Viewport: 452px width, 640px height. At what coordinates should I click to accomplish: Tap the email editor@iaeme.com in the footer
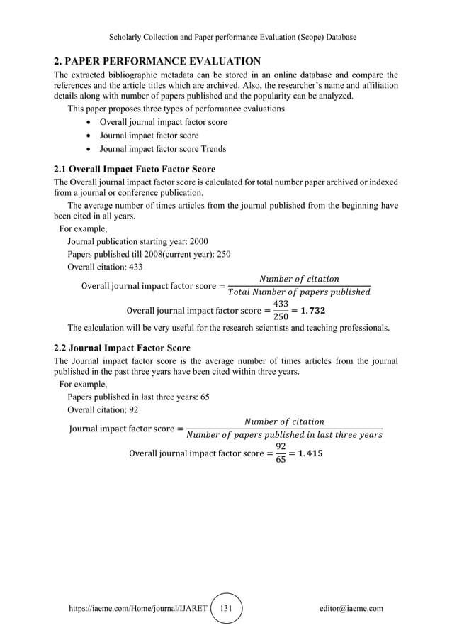(x=351, y=609)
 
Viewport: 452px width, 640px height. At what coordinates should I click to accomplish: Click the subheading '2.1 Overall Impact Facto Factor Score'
(x=135, y=170)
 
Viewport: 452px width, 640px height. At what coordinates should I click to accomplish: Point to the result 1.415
(x=311, y=452)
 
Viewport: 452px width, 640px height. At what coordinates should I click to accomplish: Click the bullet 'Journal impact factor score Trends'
(x=163, y=148)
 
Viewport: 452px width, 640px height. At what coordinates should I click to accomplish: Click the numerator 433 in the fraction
(x=281, y=303)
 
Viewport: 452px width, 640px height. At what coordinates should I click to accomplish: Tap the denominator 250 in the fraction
(x=281, y=316)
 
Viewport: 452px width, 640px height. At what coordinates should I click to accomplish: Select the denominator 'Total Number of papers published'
(x=298, y=292)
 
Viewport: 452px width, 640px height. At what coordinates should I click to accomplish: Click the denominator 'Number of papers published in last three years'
(x=283, y=434)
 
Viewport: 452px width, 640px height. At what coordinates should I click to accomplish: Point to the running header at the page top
(x=226, y=36)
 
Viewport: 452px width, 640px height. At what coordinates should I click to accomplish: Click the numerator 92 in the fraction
(x=281, y=445)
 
